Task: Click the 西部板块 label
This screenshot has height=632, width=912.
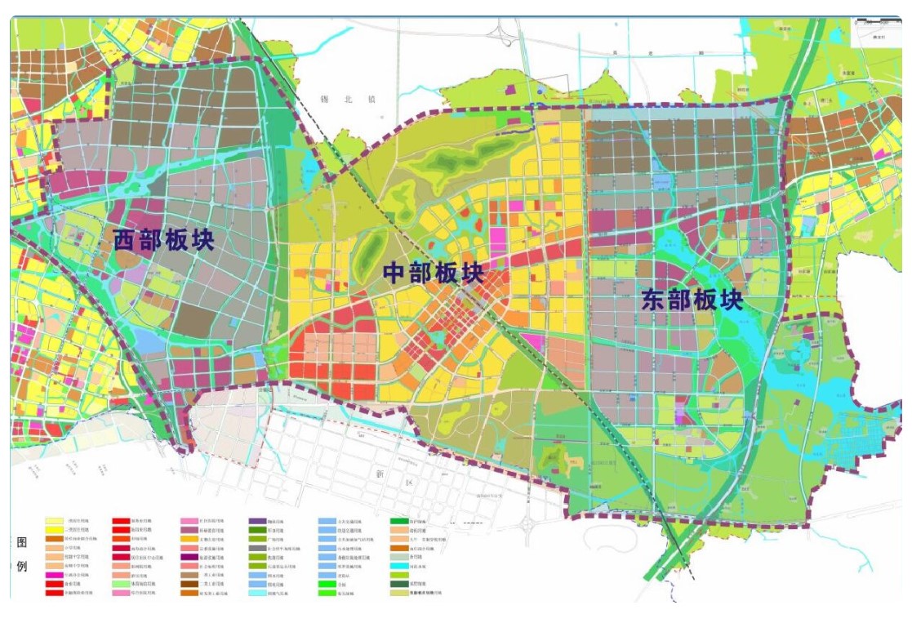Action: pos(164,240)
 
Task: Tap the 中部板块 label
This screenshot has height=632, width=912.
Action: pos(434,274)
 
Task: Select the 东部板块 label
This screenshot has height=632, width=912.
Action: pos(692,300)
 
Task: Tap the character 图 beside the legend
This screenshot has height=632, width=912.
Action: pos(22,543)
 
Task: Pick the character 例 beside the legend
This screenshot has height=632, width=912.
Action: pos(22,567)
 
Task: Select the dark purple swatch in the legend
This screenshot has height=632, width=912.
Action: pos(258,520)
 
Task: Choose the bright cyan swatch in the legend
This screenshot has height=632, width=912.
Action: pos(398,566)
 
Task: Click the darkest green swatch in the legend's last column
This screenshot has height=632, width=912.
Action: pos(398,585)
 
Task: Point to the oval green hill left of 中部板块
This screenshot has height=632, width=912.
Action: pos(373,245)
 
